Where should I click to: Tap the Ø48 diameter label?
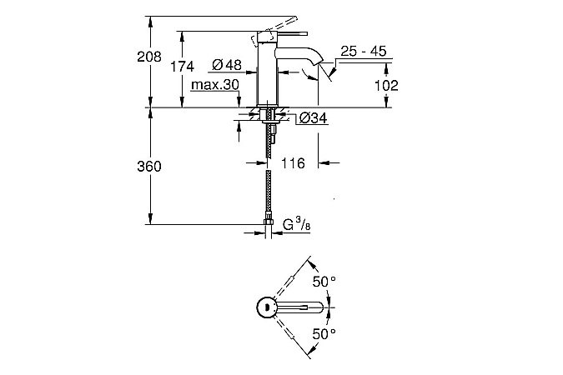click(226, 65)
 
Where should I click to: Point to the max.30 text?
click(214, 85)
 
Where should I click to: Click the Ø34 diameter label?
click(311, 118)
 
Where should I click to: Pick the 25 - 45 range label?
click(363, 52)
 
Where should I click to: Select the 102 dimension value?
click(386, 85)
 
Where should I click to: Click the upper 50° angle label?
click(325, 282)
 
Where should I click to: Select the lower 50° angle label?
click(325, 333)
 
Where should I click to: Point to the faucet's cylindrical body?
click(269, 75)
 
